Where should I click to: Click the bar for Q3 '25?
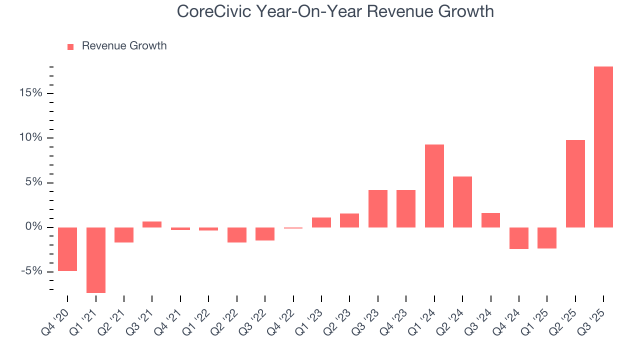(x=603, y=147)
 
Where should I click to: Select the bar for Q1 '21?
(x=95, y=260)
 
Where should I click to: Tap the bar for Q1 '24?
(x=434, y=186)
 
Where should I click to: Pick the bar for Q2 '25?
(x=575, y=183)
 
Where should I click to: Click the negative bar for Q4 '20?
(x=67, y=249)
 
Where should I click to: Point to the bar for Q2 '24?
(x=462, y=202)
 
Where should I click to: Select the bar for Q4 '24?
(x=519, y=238)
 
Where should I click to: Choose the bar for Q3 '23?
(x=378, y=208)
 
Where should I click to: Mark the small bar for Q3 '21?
(x=152, y=224)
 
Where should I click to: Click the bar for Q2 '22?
(x=237, y=235)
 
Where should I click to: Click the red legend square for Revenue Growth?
(x=70, y=46)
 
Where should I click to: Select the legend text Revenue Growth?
(x=124, y=46)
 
